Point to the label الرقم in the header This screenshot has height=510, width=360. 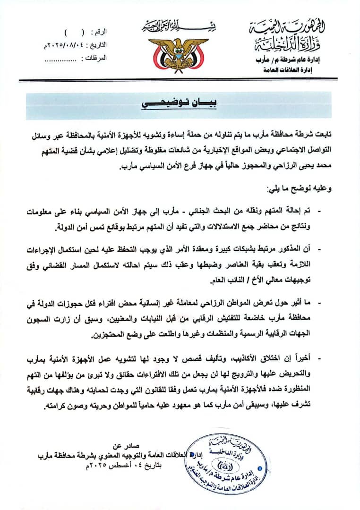point(98,33)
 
